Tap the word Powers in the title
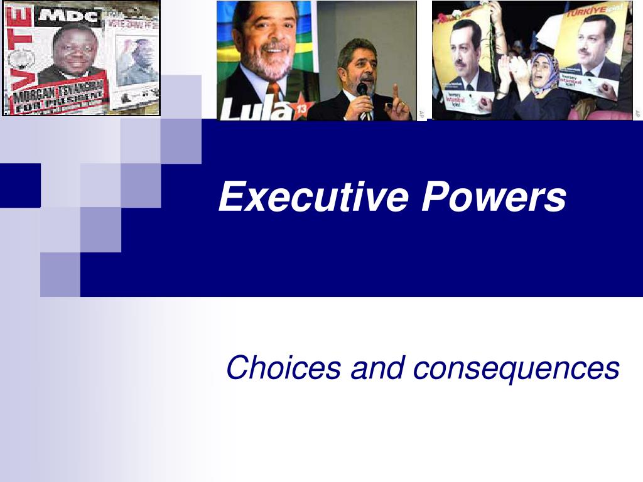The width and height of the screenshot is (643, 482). point(494,196)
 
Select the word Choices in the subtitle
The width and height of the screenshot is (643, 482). point(283,368)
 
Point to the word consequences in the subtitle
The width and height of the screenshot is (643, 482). point(516,368)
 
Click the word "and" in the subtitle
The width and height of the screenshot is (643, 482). point(377,368)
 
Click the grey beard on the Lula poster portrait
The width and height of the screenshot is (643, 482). point(274,63)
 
